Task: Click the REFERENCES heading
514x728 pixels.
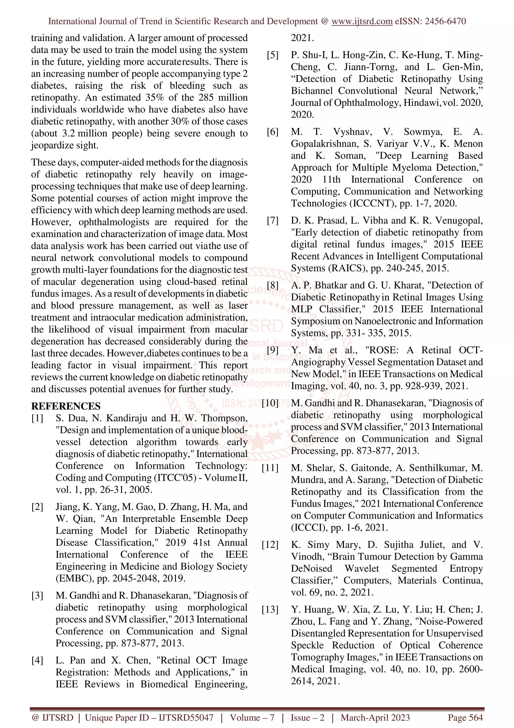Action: pos(66,406)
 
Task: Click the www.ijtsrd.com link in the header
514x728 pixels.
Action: pos(362,21)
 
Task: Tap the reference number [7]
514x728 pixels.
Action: pos(272,220)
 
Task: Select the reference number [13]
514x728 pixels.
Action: pos(270,609)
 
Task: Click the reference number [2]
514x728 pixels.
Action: pos(37,507)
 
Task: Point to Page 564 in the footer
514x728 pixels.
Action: pos(465,717)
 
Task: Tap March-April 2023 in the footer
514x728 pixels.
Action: pos(375,717)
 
